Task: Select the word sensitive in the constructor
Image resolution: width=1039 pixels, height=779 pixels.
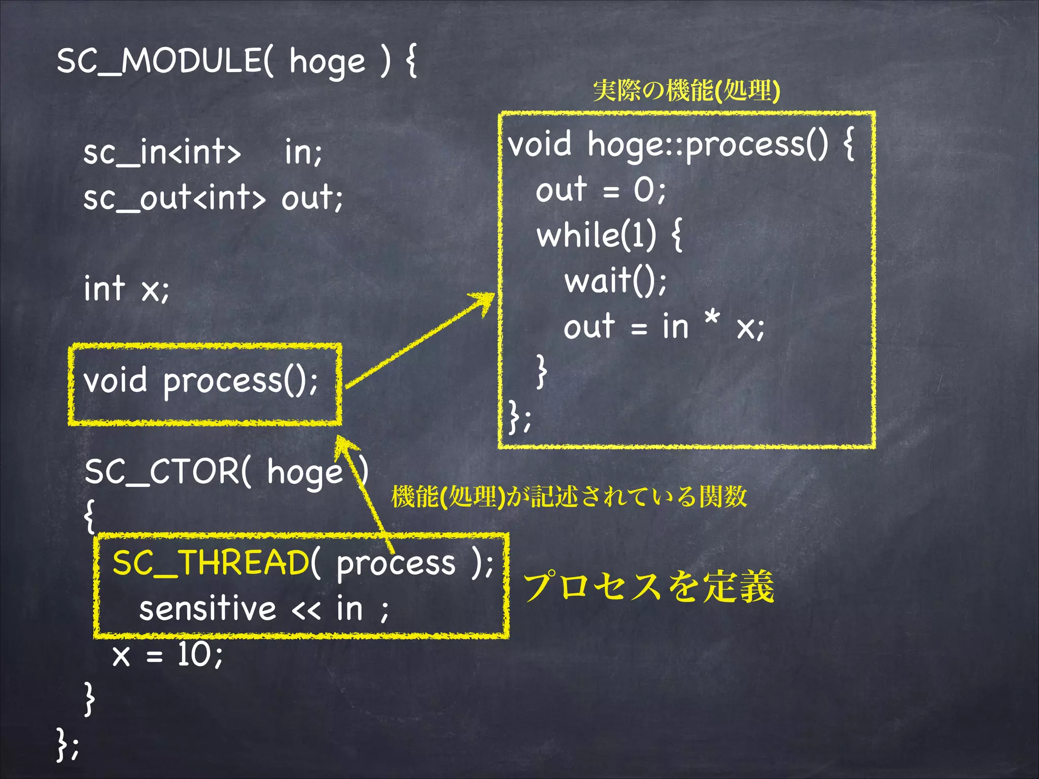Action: click(x=207, y=609)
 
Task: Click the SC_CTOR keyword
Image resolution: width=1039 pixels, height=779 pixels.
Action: click(x=162, y=472)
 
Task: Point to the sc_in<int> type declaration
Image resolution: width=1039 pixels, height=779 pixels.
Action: click(x=162, y=152)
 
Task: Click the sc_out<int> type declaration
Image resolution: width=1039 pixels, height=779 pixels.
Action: click(x=174, y=198)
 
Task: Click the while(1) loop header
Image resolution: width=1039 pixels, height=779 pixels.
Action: click(x=597, y=235)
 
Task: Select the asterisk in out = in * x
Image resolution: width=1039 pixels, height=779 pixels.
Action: click(x=712, y=319)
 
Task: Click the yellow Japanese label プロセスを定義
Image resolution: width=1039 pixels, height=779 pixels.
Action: click(x=648, y=587)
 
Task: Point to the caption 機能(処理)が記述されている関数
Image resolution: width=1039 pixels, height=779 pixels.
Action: click(x=569, y=497)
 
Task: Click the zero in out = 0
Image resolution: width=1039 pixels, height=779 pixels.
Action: click(x=643, y=191)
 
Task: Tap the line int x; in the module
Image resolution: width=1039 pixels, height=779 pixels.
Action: click(x=126, y=289)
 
